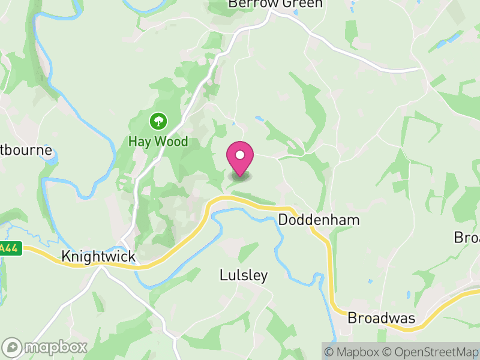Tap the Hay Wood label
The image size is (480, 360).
[158, 142]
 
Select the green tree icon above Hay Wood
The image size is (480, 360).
[158, 122]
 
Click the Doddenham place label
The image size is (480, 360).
[319, 220]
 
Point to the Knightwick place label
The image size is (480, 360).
[98, 257]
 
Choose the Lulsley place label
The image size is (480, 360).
[244, 276]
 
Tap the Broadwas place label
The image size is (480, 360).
[382, 318]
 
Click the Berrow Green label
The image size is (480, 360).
[275, 4]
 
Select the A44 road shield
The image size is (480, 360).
[10, 248]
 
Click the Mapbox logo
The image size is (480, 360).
[46, 347]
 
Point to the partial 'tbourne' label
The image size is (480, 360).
[27, 150]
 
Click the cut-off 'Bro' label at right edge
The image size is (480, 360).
[467, 238]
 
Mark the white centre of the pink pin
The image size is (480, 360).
[240, 155]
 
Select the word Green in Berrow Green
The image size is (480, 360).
[302, 4]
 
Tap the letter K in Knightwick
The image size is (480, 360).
[65, 257]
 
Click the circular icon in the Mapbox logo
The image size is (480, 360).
[12, 347]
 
